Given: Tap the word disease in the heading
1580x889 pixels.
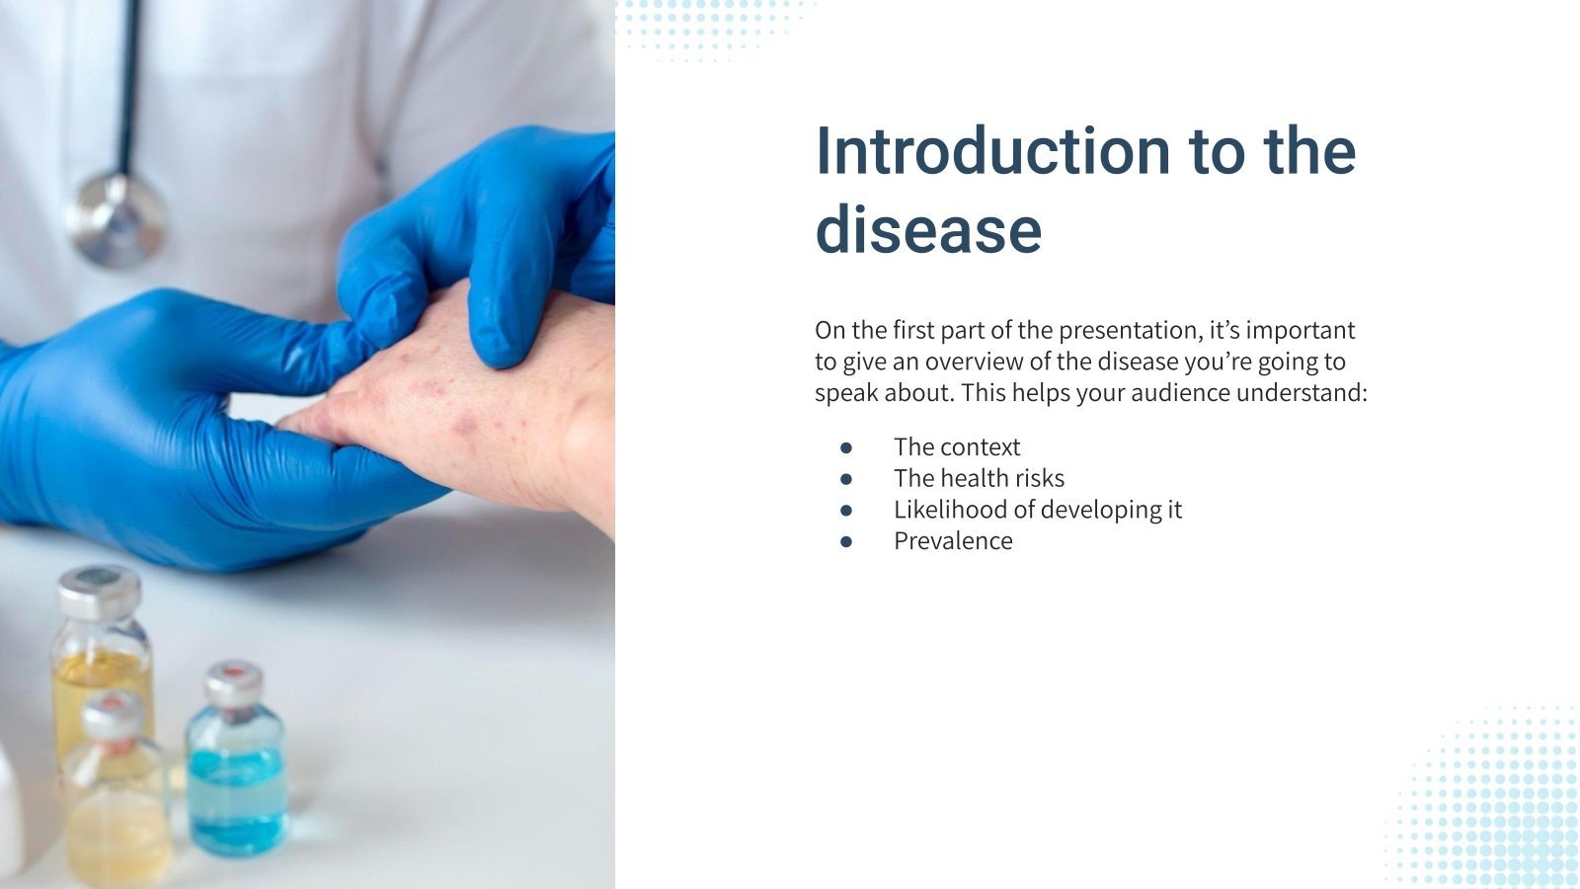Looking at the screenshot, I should pos(928,230).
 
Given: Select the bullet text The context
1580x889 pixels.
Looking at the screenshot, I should pos(956,447).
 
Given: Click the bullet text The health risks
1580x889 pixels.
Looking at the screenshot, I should pos(979,479).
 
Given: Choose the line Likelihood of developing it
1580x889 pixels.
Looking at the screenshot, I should pos(1037,510).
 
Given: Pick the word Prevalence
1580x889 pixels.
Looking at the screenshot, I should pos(953,541).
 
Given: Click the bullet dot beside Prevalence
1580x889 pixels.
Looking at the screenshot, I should pos(846,541).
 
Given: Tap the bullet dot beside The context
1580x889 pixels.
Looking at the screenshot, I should pos(846,447).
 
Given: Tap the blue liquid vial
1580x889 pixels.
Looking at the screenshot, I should pos(236,780).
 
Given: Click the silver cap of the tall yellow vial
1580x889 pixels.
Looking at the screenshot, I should pos(98,590).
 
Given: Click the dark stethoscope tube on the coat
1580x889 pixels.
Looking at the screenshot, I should pos(129,79).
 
